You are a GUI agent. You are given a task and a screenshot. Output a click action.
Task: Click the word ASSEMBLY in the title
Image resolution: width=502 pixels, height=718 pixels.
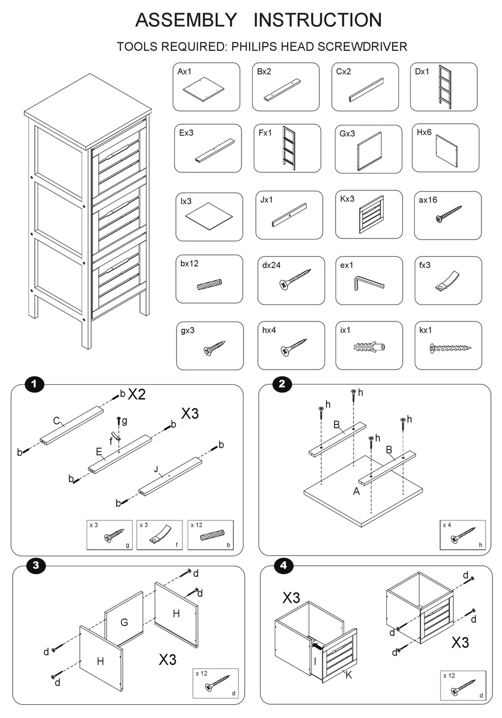click(186, 20)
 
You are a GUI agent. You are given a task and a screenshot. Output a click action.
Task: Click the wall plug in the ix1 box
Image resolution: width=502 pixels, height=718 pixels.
click(368, 348)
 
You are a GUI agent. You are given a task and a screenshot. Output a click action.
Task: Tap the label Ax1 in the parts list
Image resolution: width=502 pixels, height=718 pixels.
click(185, 71)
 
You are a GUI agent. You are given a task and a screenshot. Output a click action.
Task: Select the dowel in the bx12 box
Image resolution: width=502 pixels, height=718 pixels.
click(210, 285)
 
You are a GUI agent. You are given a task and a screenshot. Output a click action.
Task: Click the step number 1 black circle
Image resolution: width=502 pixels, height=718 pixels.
click(35, 384)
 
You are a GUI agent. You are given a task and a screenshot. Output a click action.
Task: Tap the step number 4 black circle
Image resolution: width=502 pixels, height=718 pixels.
click(284, 565)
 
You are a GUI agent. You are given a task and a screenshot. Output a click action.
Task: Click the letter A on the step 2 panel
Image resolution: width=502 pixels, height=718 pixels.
click(356, 492)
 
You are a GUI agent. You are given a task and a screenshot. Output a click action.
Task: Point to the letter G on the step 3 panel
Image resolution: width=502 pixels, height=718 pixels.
click(124, 622)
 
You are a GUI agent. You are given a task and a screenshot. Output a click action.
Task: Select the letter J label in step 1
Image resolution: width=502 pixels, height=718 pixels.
click(156, 469)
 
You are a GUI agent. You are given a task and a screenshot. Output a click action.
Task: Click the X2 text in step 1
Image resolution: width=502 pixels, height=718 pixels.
click(136, 394)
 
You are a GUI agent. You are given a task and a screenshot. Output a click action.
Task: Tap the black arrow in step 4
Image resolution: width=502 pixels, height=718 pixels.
click(318, 646)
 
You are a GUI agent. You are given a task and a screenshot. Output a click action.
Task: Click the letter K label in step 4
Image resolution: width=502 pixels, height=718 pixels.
click(348, 675)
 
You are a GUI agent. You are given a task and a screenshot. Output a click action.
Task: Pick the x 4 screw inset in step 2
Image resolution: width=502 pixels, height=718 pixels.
click(462, 535)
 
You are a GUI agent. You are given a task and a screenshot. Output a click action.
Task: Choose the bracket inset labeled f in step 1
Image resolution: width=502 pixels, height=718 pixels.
click(159, 535)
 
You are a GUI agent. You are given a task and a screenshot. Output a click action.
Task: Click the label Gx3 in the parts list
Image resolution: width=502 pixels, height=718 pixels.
click(347, 134)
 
